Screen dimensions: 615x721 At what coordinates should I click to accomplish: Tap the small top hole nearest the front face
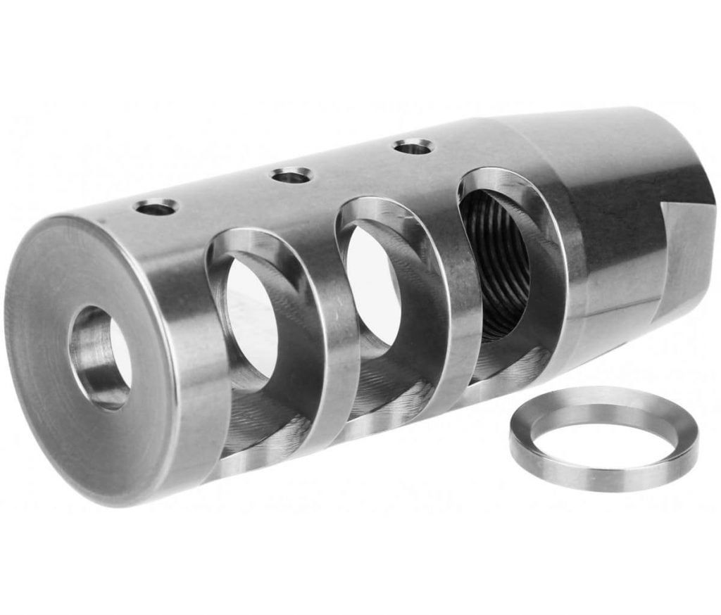[156, 207]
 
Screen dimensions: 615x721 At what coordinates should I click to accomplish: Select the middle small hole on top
[291, 175]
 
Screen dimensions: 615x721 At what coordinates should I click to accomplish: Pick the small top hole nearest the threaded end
[413, 147]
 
